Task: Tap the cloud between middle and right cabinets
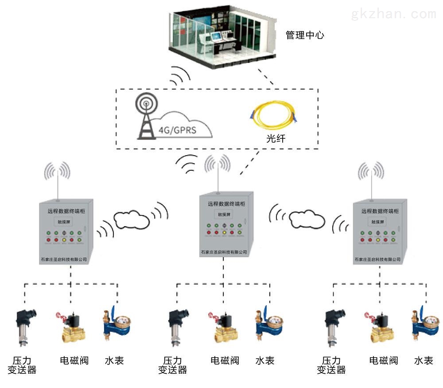click(307, 218)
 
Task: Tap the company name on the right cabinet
click(377, 259)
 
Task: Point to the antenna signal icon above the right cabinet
click(371, 173)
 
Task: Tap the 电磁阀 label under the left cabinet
click(74, 360)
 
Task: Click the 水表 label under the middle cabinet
click(265, 360)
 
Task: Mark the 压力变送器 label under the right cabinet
click(331, 365)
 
